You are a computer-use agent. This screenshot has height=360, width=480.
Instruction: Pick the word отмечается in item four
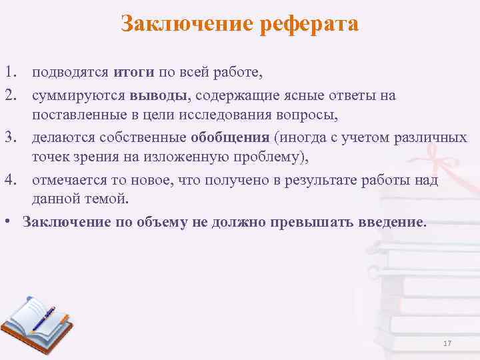pyautogui.click(x=70, y=180)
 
